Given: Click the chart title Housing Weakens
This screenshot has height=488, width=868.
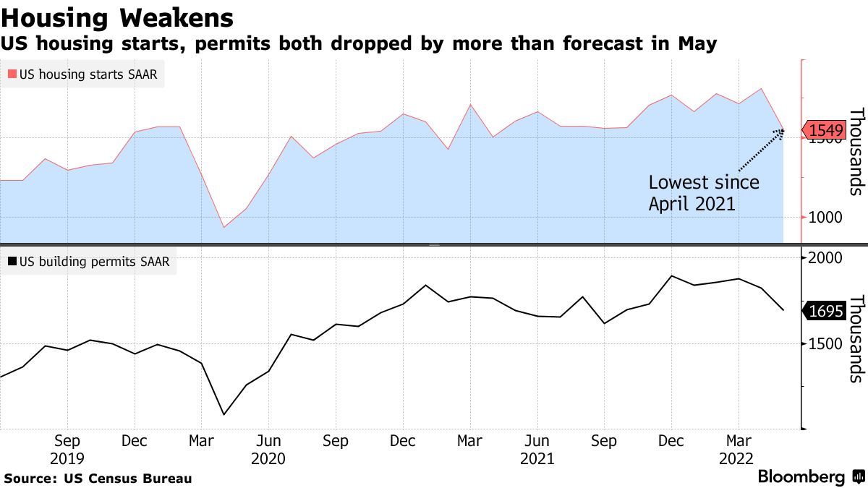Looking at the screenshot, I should click(117, 17).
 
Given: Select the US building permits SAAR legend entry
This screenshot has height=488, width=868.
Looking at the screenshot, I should click(88, 262).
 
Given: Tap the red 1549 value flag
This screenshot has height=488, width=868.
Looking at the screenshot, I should click(825, 131).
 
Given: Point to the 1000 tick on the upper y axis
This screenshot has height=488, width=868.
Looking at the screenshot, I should click(825, 218).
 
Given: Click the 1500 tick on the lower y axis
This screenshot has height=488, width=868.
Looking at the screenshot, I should click(825, 344).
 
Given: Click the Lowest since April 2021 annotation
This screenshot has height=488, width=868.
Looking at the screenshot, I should click(703, 193).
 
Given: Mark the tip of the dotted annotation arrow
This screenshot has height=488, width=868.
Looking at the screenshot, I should click(783, 131).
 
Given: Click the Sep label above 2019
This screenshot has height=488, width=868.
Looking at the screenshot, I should click(67, 441).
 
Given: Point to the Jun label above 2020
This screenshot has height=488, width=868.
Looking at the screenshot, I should click(268, 441).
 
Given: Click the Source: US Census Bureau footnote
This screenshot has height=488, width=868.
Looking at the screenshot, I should click(98, 479).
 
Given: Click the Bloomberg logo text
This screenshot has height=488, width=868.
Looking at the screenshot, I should click(801, 477).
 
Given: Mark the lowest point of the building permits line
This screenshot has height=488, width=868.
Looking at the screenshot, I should click(224, 414).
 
